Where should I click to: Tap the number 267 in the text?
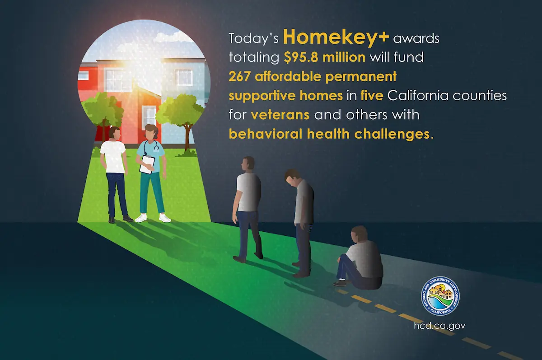[x=239, y=77]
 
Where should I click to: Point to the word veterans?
[x=280, y=115]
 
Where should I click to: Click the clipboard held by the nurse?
[x=147, y=164]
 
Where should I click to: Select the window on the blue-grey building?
[x=184, y=78]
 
